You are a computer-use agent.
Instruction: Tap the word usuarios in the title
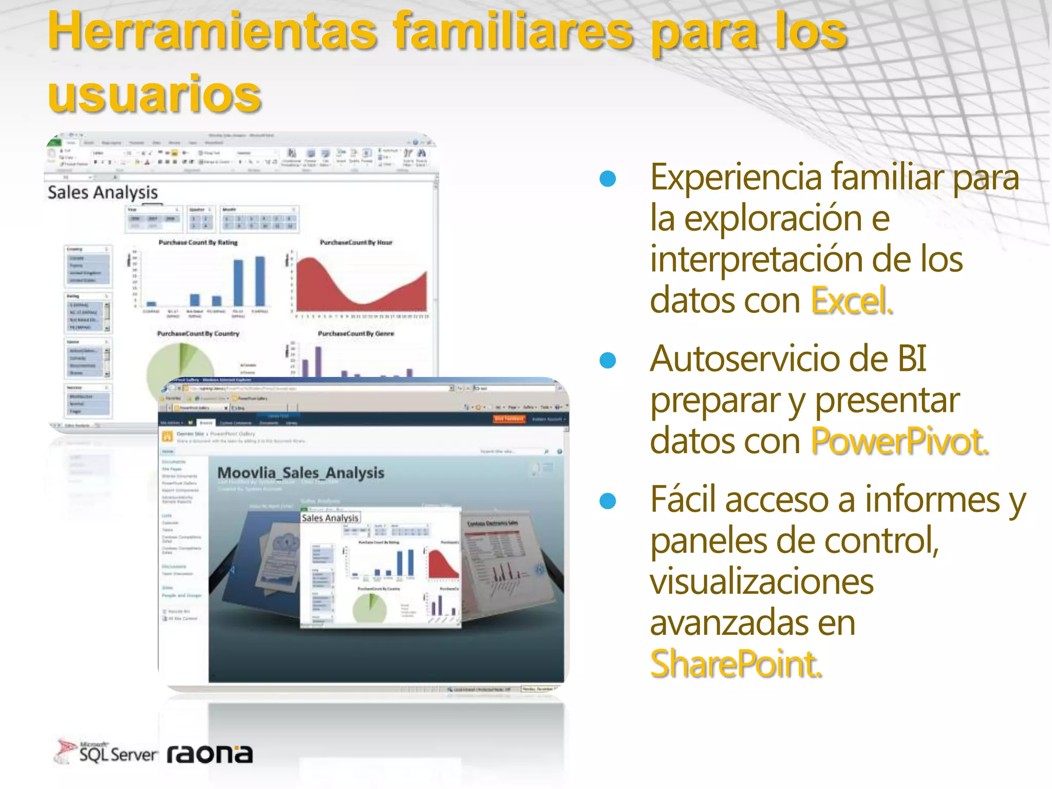155,94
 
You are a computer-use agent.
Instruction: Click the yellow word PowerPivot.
899,441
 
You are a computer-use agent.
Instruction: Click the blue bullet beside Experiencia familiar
608,178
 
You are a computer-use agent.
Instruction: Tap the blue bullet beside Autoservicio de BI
608,360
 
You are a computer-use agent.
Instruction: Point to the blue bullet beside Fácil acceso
608,501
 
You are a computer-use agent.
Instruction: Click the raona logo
210,754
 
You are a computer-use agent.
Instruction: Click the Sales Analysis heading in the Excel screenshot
103,193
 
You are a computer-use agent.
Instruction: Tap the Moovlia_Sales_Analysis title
300,473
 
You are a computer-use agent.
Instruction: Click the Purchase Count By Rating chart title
198,242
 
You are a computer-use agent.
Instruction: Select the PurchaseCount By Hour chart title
356,242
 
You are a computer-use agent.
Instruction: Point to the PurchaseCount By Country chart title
198,334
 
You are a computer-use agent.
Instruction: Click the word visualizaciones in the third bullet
762,581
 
